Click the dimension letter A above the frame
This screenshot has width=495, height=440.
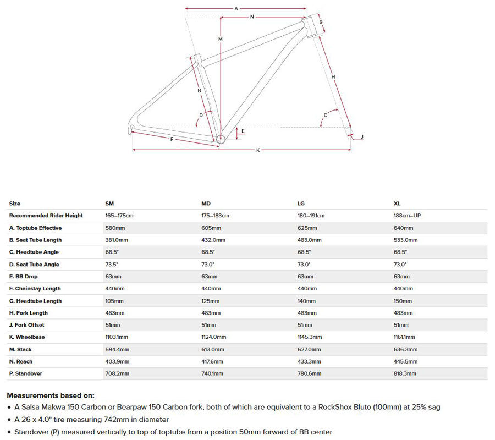pos(236,9)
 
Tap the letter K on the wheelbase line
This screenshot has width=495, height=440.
pos(257,151)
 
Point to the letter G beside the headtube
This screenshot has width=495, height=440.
pos(321,22)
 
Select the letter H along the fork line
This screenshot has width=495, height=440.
pos(333,76)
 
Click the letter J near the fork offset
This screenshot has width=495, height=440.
pos(362,136)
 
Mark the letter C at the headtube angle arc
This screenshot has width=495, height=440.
pos(326,114)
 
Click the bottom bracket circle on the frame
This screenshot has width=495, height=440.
pos(221,139)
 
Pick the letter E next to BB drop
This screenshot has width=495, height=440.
pos(243,131)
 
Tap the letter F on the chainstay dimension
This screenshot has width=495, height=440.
pos(172,140)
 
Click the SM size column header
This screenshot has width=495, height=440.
pos(109,204)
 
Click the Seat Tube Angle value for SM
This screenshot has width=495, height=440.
pos(112,265)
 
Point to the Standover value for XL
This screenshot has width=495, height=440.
pos(405,373)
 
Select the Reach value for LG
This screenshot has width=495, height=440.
pos(309,361)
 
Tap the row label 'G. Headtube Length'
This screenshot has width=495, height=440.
pos(35,301)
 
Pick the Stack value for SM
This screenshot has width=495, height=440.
pos(117,349)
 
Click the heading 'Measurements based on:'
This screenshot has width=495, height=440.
pos(50,395)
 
